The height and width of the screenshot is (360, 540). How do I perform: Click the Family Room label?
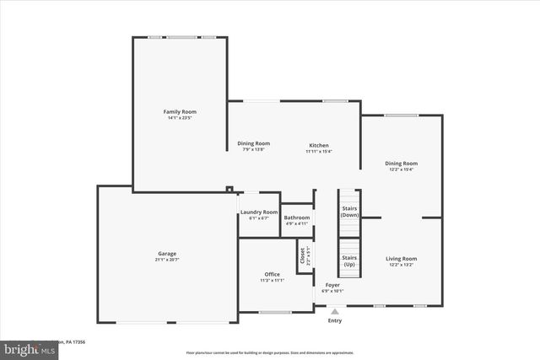tap(180, 111)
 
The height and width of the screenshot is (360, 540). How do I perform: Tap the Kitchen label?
tap(318, 145)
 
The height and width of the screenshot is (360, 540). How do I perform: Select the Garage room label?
tap(167, 253)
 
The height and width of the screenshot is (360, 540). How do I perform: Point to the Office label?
tap(272, 274)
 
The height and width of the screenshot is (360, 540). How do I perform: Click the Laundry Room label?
tap(259, 212)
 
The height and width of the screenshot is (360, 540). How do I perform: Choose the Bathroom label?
tap(297, 218)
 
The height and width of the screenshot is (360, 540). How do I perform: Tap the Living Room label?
tap(401, 259)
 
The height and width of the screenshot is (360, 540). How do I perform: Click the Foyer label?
tap(332, 285)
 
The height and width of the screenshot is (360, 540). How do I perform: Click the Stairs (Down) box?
tap(349, 211)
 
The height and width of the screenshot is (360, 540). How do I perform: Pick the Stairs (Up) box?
tap(349, 260)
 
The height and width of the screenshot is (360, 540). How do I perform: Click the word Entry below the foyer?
tap(335, 320)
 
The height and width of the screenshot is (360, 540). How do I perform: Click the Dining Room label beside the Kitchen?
tap(253, 143)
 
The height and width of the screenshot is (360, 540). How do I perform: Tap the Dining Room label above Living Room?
tap(401, 164)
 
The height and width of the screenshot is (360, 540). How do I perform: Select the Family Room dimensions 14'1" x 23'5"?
tap(180, 118)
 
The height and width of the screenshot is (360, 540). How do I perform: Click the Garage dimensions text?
tap(167, 260)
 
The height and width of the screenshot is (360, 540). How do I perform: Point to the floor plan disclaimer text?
tap(270, 352)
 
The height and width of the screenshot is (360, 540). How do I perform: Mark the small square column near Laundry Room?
tap(229, 189)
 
